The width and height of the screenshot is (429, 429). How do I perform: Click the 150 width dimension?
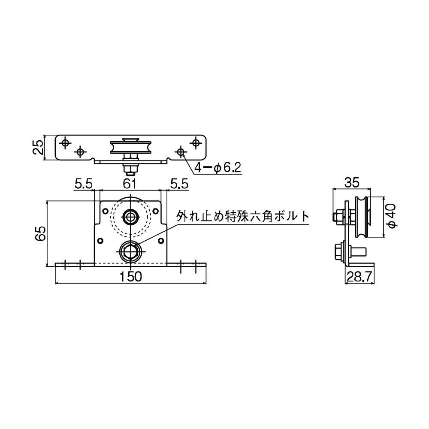pos(131,277)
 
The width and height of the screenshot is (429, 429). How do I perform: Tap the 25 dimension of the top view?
pos(39,148)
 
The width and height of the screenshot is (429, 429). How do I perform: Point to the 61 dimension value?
pos(130,184)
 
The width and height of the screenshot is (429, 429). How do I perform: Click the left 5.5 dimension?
pos(83,184)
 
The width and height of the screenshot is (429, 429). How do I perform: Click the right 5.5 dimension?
pos(179,184)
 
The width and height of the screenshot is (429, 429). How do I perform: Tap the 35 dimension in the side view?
pos(351,183)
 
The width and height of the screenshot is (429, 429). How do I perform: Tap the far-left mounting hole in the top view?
pos(65,142)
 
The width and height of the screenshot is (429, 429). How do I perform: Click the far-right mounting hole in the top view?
pos(196,142)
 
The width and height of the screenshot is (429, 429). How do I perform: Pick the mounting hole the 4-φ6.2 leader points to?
pos(181,151)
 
